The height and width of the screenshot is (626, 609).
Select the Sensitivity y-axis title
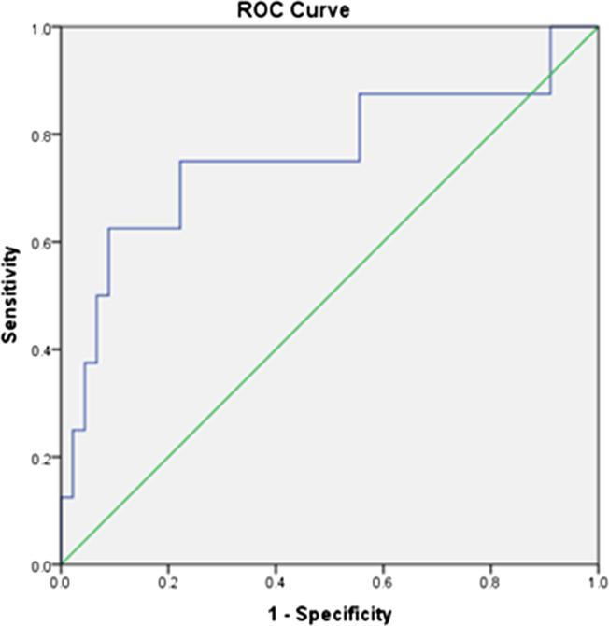(12, 294)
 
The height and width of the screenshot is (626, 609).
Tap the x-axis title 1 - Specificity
(329, 614)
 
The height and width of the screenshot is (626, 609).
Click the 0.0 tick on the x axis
(61, 581)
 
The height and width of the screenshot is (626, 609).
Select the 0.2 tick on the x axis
(168, 581)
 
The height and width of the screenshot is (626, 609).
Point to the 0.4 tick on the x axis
(276, 581)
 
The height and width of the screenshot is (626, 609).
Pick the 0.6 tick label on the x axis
(383, 581)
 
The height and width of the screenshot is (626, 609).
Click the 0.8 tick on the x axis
(490, 581)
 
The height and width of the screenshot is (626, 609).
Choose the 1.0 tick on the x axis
(597, 581)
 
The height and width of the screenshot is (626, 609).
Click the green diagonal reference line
(329, 296)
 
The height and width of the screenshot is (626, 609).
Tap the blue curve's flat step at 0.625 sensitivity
(144, 228)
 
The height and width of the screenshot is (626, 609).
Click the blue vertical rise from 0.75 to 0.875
(360, 127)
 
